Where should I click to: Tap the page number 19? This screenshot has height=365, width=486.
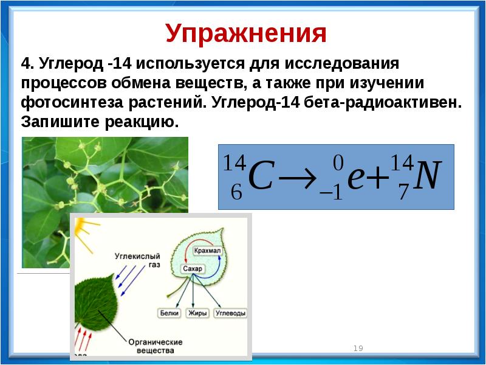[x=358, y=348]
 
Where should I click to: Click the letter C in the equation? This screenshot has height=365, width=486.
[x=261, y=176]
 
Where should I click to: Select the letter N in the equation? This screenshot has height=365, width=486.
[x=427, y=176]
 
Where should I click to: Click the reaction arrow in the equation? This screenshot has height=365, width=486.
[x=298, y=179]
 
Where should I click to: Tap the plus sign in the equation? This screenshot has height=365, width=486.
[x=377, y=178]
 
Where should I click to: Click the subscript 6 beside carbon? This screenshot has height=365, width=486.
[x=236, y=192]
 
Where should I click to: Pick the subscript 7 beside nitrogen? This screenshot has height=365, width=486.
[x=403, y=192]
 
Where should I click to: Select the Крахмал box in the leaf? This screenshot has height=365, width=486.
[x=207, y=251]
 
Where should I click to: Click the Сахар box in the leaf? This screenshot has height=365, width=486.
[x=193, y=268]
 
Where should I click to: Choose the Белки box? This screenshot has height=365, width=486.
[x=169, y=313]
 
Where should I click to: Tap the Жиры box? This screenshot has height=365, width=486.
[x=197, y=313]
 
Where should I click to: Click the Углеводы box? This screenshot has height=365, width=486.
[x=231, y=313]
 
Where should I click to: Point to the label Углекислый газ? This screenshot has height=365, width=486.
[x=138, y=260]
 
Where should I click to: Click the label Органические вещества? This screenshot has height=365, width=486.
[x=156, y=346]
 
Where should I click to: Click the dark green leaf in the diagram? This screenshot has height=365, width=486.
[x=97, y=303]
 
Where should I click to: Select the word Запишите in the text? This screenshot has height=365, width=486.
[x=60, y=122]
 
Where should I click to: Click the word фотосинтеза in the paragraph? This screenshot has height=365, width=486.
[x=72, y=103]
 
